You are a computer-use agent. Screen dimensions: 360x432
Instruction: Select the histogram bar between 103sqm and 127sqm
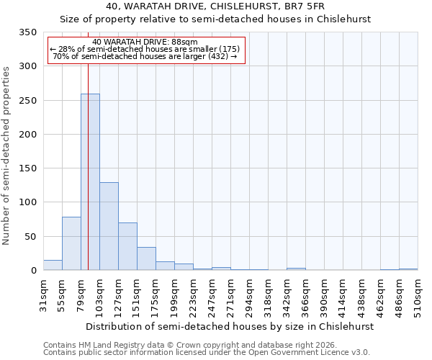109,226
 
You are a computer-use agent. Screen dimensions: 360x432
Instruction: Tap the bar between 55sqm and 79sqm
71,243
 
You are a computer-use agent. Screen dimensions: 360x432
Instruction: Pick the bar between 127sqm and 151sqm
127,246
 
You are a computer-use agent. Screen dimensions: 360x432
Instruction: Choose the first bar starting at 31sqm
53,265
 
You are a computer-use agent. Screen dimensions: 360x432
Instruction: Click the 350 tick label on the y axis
27,32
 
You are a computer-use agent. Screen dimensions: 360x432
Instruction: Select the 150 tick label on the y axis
27,168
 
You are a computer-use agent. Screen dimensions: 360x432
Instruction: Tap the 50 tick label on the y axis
30,237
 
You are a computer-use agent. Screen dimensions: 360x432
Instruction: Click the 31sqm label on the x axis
43,294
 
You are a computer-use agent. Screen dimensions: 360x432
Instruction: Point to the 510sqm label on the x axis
418,296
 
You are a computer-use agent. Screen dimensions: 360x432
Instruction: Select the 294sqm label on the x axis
249,296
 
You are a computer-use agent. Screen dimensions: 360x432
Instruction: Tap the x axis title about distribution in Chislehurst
230,326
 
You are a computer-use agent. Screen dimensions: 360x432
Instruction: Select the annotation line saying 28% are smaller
145,49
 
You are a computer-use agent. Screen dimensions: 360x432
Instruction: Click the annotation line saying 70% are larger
145,56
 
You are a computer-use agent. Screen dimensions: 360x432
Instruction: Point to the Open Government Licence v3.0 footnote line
206,352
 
